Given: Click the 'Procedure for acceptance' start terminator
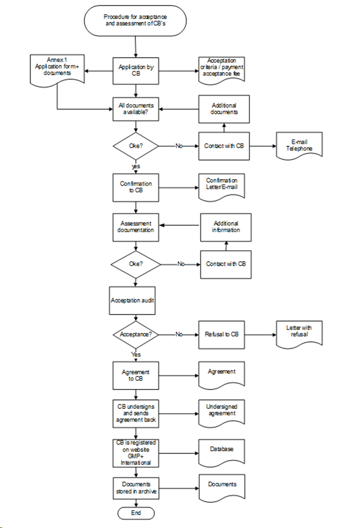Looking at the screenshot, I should (x=135, y=21).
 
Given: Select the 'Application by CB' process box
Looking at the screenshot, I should (x=136, y=71).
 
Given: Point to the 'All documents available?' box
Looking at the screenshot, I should (x=136, y=109).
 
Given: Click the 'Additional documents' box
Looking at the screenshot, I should (x=224, y=109).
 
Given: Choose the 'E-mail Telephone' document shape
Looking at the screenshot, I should (x=299, y=145).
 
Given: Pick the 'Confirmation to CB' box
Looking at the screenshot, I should (x=136, y=187).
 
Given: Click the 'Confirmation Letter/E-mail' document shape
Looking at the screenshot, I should (x=221, y=185).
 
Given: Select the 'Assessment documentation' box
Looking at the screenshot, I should (x=136, y=227).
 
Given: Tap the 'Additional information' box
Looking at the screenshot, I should (x=226, y=227).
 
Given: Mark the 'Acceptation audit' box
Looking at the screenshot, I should (x=132, y=300).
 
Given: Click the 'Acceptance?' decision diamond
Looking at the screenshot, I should (x=136, y=334).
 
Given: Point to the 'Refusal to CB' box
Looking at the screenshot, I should (x=221, y=335).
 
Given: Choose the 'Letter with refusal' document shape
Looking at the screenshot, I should (x=299, y=332).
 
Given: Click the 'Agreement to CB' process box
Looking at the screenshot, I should (x=136, y=375).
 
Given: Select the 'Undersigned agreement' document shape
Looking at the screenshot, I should (x=221, y=412).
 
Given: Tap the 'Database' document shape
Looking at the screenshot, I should (x=221, y=451).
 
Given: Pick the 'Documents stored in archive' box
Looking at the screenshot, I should (x=136, y=488).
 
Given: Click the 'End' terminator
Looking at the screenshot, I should (x=136, y=513).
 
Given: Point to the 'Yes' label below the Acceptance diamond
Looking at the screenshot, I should (x=136, y=354).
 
